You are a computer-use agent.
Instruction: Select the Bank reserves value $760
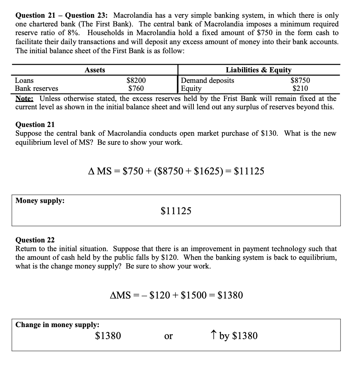coord(136,88)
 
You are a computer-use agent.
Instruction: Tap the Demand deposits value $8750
coord(301,80)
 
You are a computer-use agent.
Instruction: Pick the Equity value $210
coord(301,88)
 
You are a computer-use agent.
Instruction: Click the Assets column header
coord(95,70)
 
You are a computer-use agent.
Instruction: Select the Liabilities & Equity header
coord(259,70)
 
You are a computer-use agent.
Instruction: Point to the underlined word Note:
coord(25,98)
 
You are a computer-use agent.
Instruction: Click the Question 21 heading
coord(35,124)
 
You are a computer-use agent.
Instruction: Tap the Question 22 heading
coord(35,240)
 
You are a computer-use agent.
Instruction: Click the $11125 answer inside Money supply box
coord(176,211)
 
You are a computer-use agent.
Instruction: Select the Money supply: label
coord(40,201)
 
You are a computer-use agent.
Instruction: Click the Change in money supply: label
coord(57,325)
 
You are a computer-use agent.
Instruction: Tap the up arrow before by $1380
coord(213,336)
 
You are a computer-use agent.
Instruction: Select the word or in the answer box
coord(168,336)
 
